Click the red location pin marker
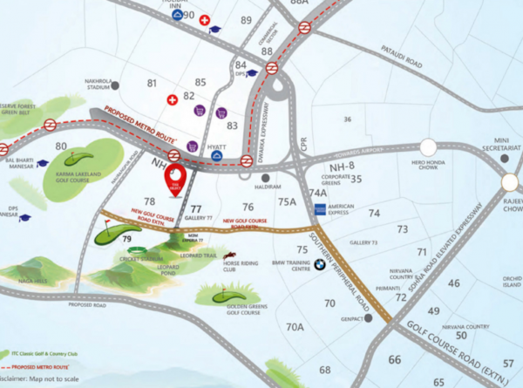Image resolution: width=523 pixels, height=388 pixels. point(175,178)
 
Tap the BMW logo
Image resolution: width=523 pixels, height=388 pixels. point(320,262)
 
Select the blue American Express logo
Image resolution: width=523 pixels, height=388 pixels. point(320,208)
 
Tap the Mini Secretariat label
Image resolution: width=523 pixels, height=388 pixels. point(506,144)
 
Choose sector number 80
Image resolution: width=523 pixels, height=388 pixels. point(60,146)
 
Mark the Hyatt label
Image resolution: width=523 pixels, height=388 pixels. point(217,147)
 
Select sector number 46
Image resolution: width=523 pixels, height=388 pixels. point(453,283)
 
